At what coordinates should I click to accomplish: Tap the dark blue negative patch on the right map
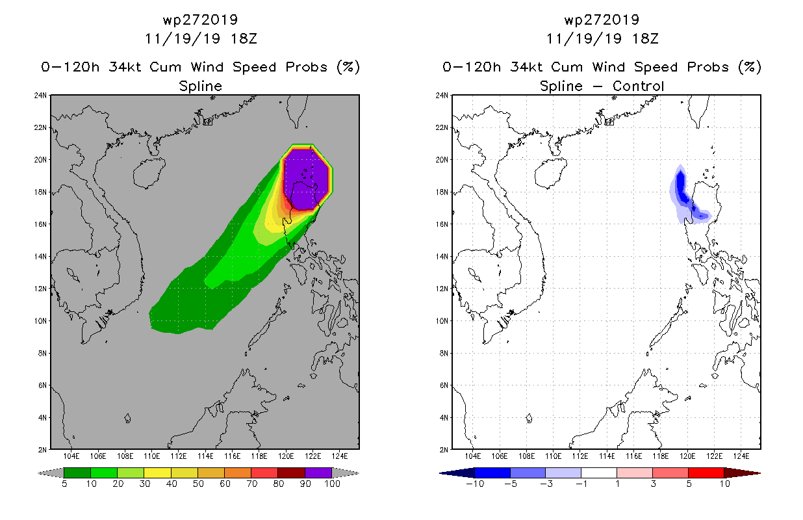(x=682, y=190)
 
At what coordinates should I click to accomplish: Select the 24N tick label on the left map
(x=40, y=96)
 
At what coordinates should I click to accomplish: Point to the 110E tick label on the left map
(x=151, y=456)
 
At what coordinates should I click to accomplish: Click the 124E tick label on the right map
(x=741, y=456)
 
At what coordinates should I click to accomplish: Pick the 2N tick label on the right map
(x=444, y=450)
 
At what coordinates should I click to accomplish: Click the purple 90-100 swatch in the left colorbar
(x=318, y=473)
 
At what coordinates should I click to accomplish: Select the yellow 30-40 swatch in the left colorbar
(x=157, y=473)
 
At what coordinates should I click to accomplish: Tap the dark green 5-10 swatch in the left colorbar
(x=77, y=473)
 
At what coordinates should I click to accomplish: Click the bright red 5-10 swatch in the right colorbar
(x=706, y=473)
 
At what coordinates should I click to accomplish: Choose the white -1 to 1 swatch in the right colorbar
(x=599, y=473)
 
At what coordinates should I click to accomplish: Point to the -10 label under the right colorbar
(x=476, y=484)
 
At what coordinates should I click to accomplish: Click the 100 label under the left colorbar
(x=333, y=484)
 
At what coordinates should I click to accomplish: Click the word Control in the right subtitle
(x=638, y=86)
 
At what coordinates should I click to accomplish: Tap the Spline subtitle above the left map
(x=200, y=86)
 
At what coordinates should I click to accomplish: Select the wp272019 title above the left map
(x=200, y=20)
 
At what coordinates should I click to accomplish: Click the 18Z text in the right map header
(x=645, y=39)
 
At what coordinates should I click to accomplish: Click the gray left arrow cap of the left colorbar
(x=51, y=473)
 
